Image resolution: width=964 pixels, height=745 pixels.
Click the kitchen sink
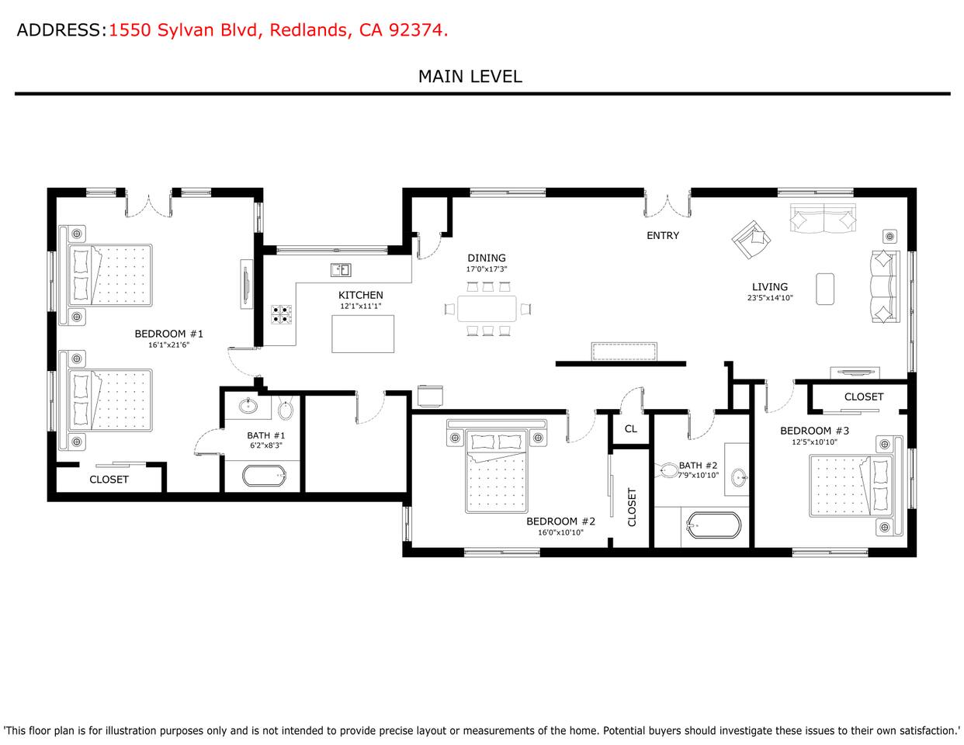[x=341, y=269]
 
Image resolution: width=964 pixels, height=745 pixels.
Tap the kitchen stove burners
[x=282, y=314]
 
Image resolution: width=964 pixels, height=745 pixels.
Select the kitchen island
[x=363, y=334]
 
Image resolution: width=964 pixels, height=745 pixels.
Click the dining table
[x=487, y=309]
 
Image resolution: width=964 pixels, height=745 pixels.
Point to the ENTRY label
[x=663, y=235]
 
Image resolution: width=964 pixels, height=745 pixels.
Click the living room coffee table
[x=825, y=289]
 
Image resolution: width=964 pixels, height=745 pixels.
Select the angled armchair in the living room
[x=751, y=240]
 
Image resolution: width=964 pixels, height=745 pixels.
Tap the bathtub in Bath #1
[x=265, y=476]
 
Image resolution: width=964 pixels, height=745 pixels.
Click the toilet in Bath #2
[x=668, y=470]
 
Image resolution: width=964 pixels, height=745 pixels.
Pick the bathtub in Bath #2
[x=714, y=526]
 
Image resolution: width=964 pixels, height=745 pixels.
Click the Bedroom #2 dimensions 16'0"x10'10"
[x=560, y=532]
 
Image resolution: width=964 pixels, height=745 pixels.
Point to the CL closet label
[x=631, y=429]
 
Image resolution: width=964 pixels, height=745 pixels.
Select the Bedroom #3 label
[x=814, y=431]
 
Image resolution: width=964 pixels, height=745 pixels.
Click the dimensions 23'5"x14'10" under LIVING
[x=770, y=298]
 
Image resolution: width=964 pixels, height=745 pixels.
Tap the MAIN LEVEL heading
[x=470, y=77]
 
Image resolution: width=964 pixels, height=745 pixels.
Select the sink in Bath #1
[x=248, y=406]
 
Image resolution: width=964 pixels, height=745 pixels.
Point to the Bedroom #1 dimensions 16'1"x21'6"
[x=168, y=345]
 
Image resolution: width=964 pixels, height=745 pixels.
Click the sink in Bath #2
[x=739, y=477]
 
